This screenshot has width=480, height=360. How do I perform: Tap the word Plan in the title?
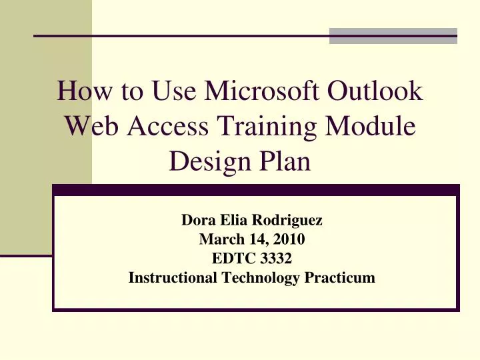[286, 161]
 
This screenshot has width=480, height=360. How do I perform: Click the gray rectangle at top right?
[393, 36]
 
